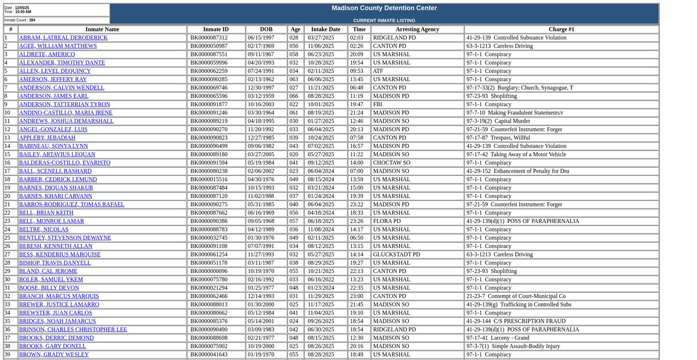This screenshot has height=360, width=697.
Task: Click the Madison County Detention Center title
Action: [x=384, y=8]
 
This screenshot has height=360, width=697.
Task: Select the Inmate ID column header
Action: [x=215, y=29]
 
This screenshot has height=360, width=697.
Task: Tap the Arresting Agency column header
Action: [x=417, y=29]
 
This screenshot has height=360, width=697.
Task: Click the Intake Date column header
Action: [x=326, y=29]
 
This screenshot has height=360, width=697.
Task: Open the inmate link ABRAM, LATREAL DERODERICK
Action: [x=63, y=38]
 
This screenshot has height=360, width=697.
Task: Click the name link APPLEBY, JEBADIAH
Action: [x=46, y=138]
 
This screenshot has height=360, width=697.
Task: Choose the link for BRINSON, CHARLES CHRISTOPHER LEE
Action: [x=73, y=329]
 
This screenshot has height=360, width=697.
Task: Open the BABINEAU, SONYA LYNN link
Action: [x=53, y=146]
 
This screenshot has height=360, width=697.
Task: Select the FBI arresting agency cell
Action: [x=378, y=105]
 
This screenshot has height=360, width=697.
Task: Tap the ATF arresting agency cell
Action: [x=378, y=71]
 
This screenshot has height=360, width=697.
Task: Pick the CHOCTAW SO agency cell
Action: [x=391, y=163]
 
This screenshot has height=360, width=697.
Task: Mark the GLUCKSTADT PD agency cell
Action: [x=396, y=254]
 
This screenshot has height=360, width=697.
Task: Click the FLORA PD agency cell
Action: [x=387, y=221]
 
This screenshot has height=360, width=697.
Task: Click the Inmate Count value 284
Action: [x=33, y=20]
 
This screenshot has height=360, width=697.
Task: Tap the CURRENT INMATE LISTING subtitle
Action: [x=384, y=20]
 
